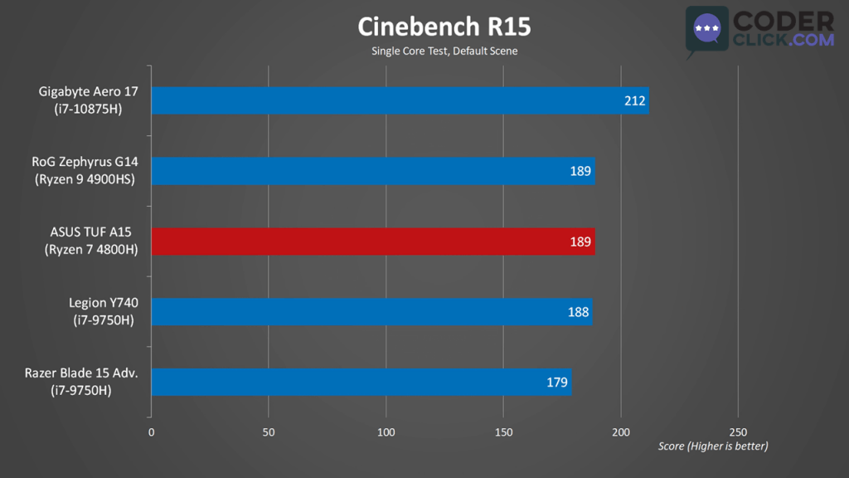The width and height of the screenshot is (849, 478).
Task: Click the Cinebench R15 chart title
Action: (x=444, y=27)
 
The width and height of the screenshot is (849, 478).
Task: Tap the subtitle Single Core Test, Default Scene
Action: (x=444, y=51)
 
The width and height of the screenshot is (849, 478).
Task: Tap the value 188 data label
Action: (x=579, y=312)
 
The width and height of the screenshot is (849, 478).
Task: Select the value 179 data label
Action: (x=557, y=383)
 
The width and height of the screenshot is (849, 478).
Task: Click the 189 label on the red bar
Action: (x=580, y=242)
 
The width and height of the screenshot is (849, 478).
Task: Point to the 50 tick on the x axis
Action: (x=268, y=432)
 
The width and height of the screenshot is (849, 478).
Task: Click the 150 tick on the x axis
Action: (x=503, y=432)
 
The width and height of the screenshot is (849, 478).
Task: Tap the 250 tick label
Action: (x=738, y=432)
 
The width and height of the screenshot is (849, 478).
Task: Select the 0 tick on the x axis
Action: (x=151, y=432)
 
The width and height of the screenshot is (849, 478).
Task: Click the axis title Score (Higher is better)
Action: (x=713, y=446)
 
